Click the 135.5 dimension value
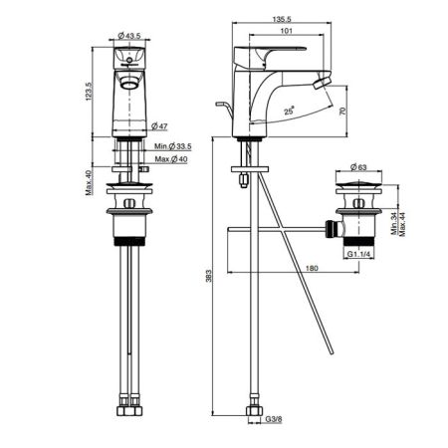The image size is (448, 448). point(282,19)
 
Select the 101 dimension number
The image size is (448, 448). point(287,31)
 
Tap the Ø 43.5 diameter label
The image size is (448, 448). point(129,36)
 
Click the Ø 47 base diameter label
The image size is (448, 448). point(159,126)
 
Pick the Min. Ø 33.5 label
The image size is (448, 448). point(173,146)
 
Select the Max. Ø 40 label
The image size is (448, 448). point(171,159)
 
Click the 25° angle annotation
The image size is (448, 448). point(290,111)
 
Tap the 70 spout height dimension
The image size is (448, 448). point(342,111)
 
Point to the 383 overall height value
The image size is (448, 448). point(208,276)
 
